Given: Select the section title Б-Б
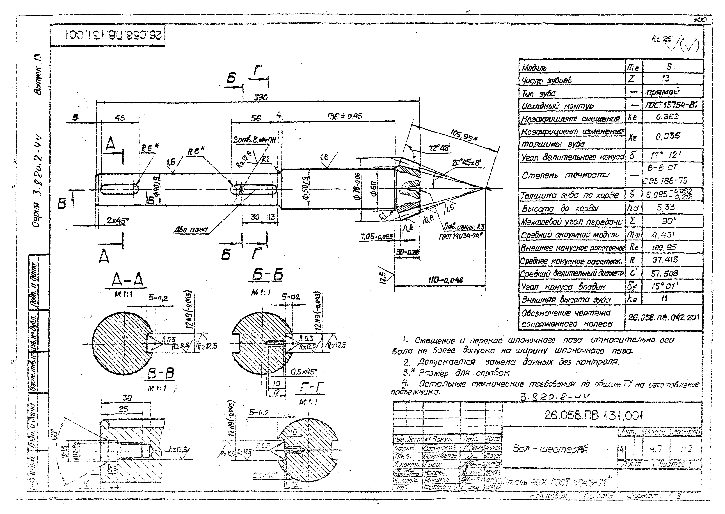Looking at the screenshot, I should click(267, 275).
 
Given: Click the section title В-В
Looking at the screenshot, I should click(161, 374).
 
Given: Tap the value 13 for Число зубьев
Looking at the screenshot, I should click(666, 78).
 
